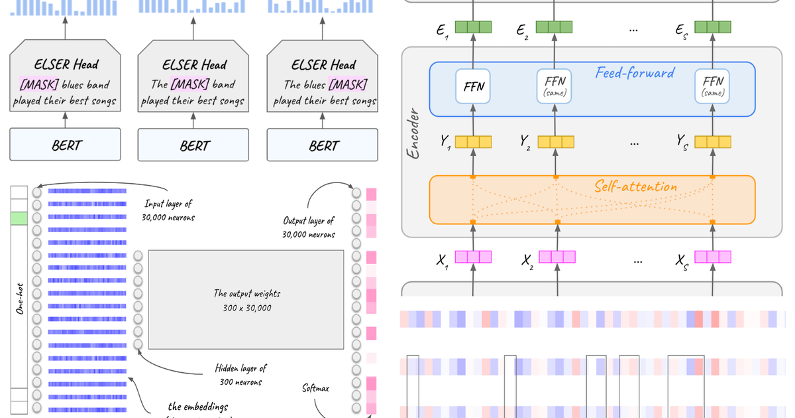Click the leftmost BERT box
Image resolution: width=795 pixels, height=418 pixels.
[65, 145]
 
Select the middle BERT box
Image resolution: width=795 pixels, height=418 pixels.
[194, 145]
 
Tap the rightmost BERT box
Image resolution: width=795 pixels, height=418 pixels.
[323, 145]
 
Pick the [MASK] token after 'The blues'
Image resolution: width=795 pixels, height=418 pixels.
[348, 85]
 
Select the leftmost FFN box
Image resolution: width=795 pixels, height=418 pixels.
[472, 86]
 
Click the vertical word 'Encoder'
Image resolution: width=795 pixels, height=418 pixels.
[415, 133]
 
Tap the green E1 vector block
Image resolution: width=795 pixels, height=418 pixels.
[473, 27]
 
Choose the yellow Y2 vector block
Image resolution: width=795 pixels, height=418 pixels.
[556, 141]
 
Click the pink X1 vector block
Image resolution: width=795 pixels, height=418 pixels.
[473, 257]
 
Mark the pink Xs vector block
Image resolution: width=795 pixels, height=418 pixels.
[712, 257]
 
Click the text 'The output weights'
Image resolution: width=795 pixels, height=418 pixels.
[246, 293]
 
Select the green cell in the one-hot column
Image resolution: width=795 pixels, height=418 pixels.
[19, 218]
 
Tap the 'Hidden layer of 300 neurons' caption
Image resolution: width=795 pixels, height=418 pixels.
[240, 375]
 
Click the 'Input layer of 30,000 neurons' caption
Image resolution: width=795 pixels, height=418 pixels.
[169, 210]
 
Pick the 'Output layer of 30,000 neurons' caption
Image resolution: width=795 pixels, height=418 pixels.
[309, 227]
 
